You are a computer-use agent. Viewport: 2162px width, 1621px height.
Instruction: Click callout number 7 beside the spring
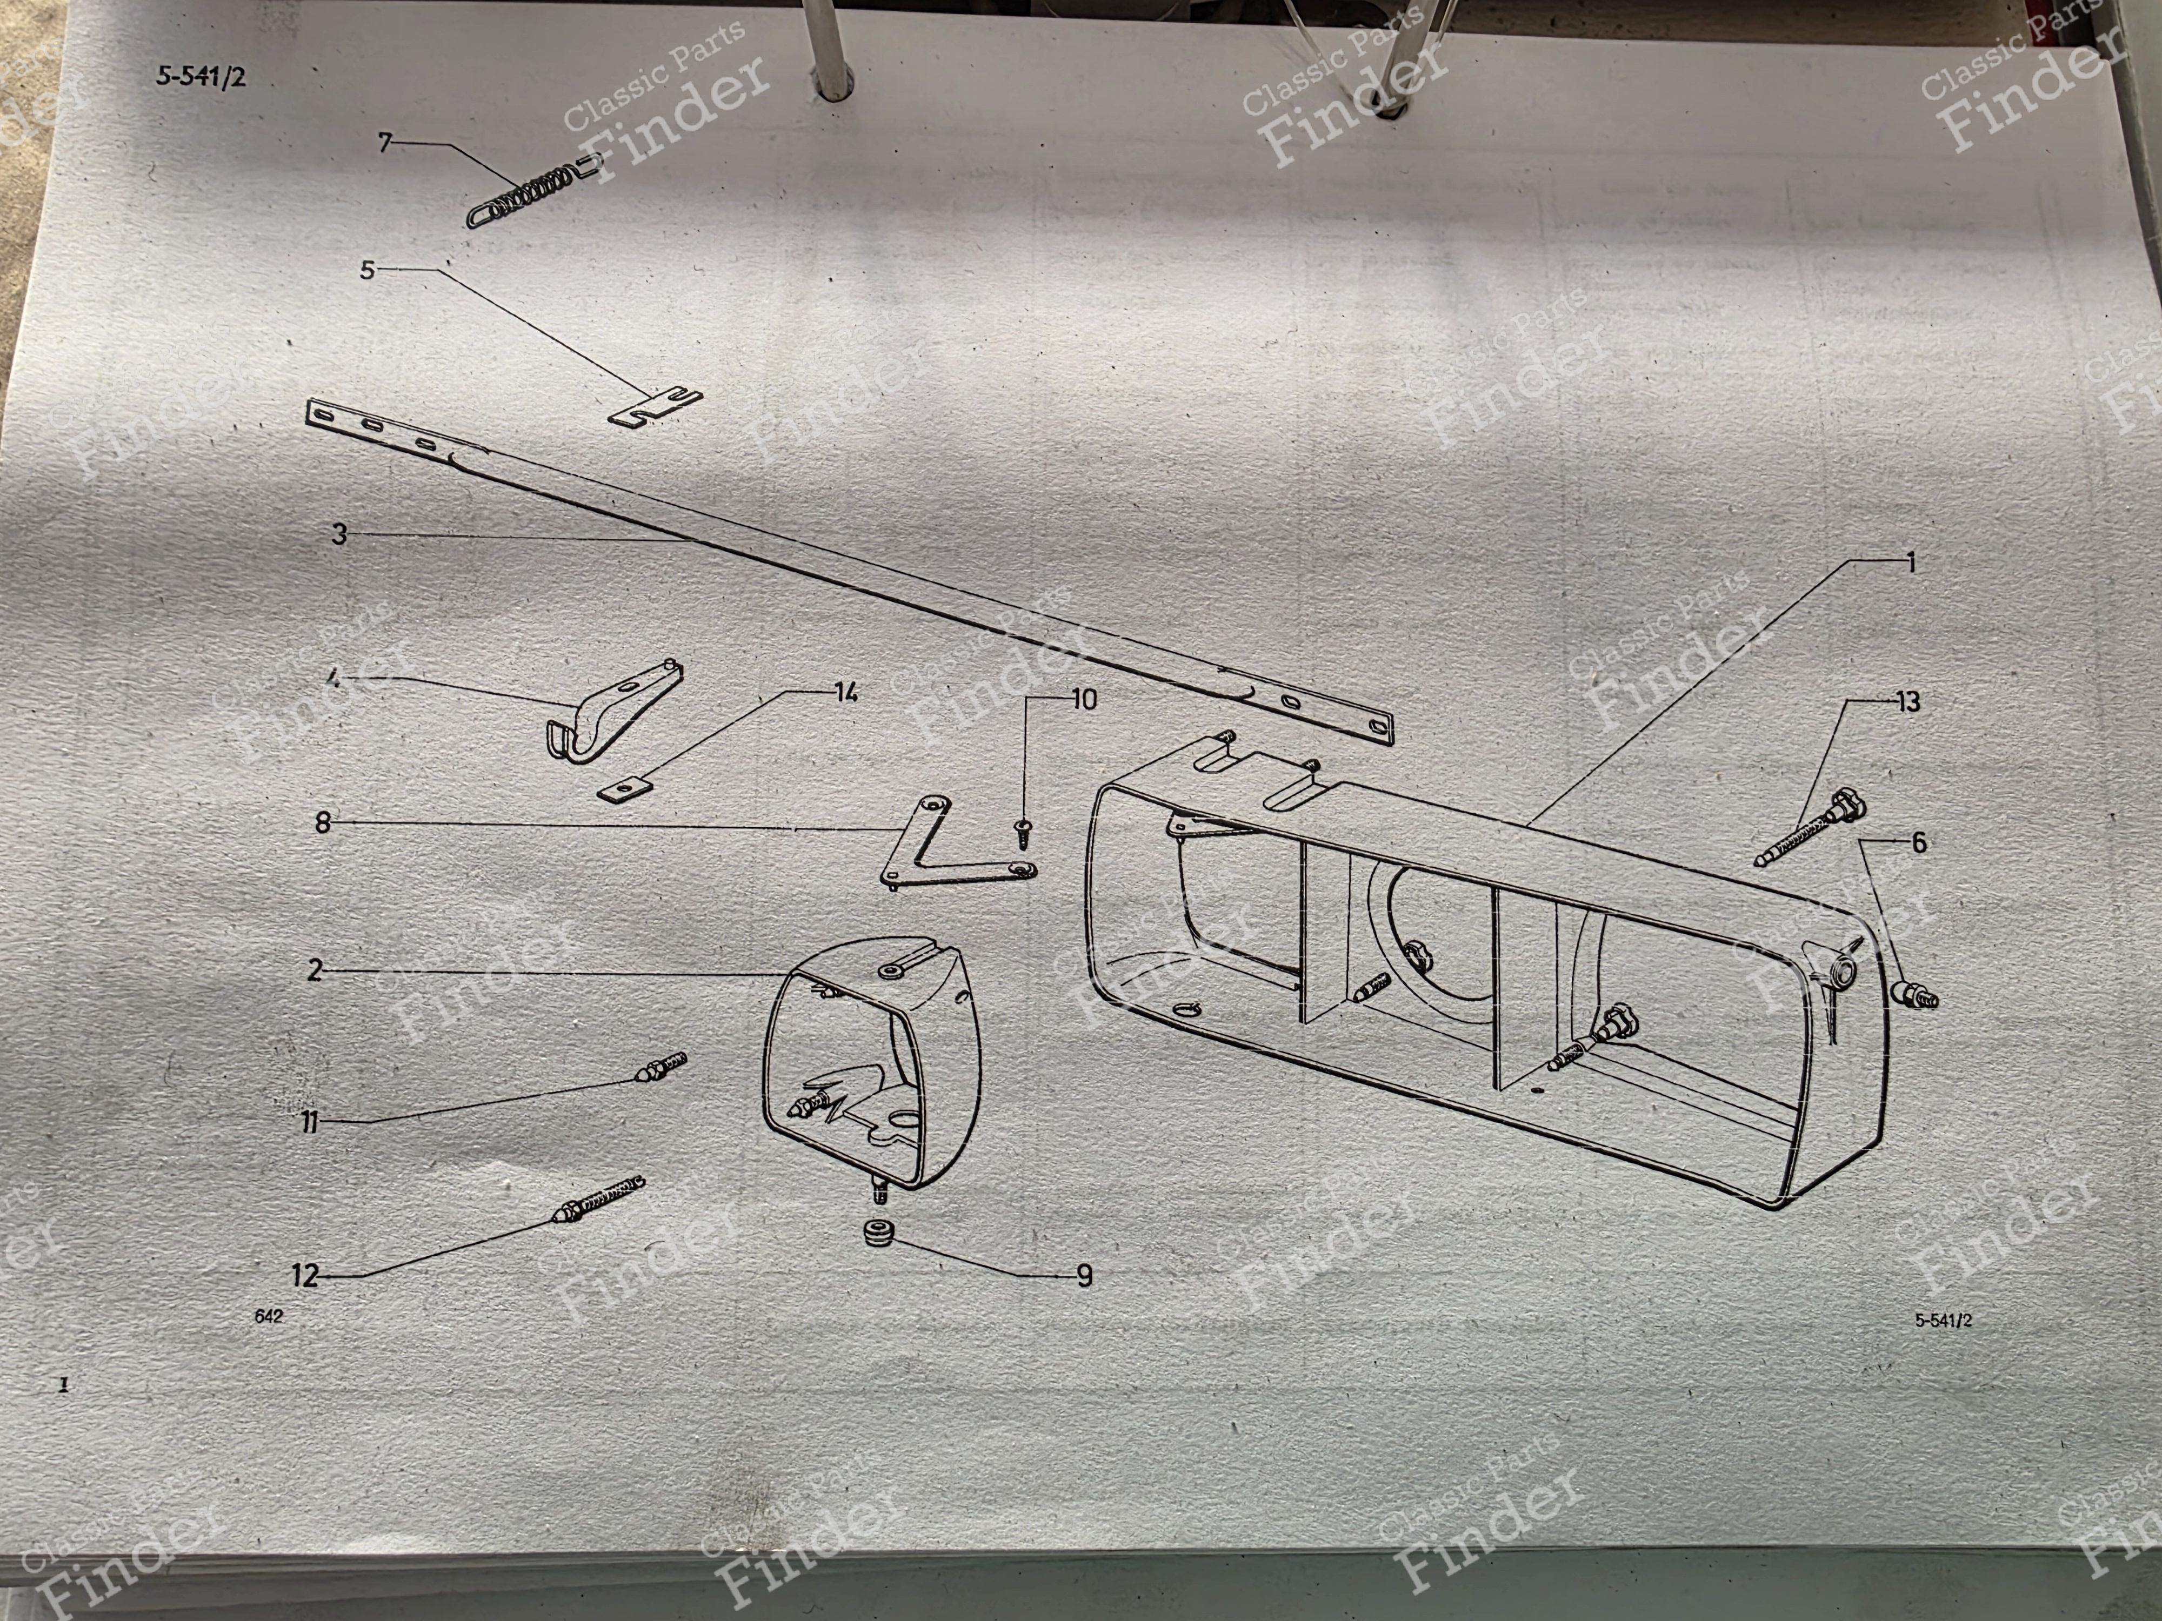pos(385,144)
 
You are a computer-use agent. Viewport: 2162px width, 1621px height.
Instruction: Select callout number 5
pos(368,270)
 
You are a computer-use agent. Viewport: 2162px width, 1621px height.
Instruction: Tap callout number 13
pos(1907,701)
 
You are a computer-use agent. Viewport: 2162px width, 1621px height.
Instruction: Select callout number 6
pos(1919,842)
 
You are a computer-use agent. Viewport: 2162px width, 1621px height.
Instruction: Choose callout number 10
pos(1084,700)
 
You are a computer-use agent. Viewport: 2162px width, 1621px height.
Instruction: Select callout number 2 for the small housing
pos(315,970)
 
